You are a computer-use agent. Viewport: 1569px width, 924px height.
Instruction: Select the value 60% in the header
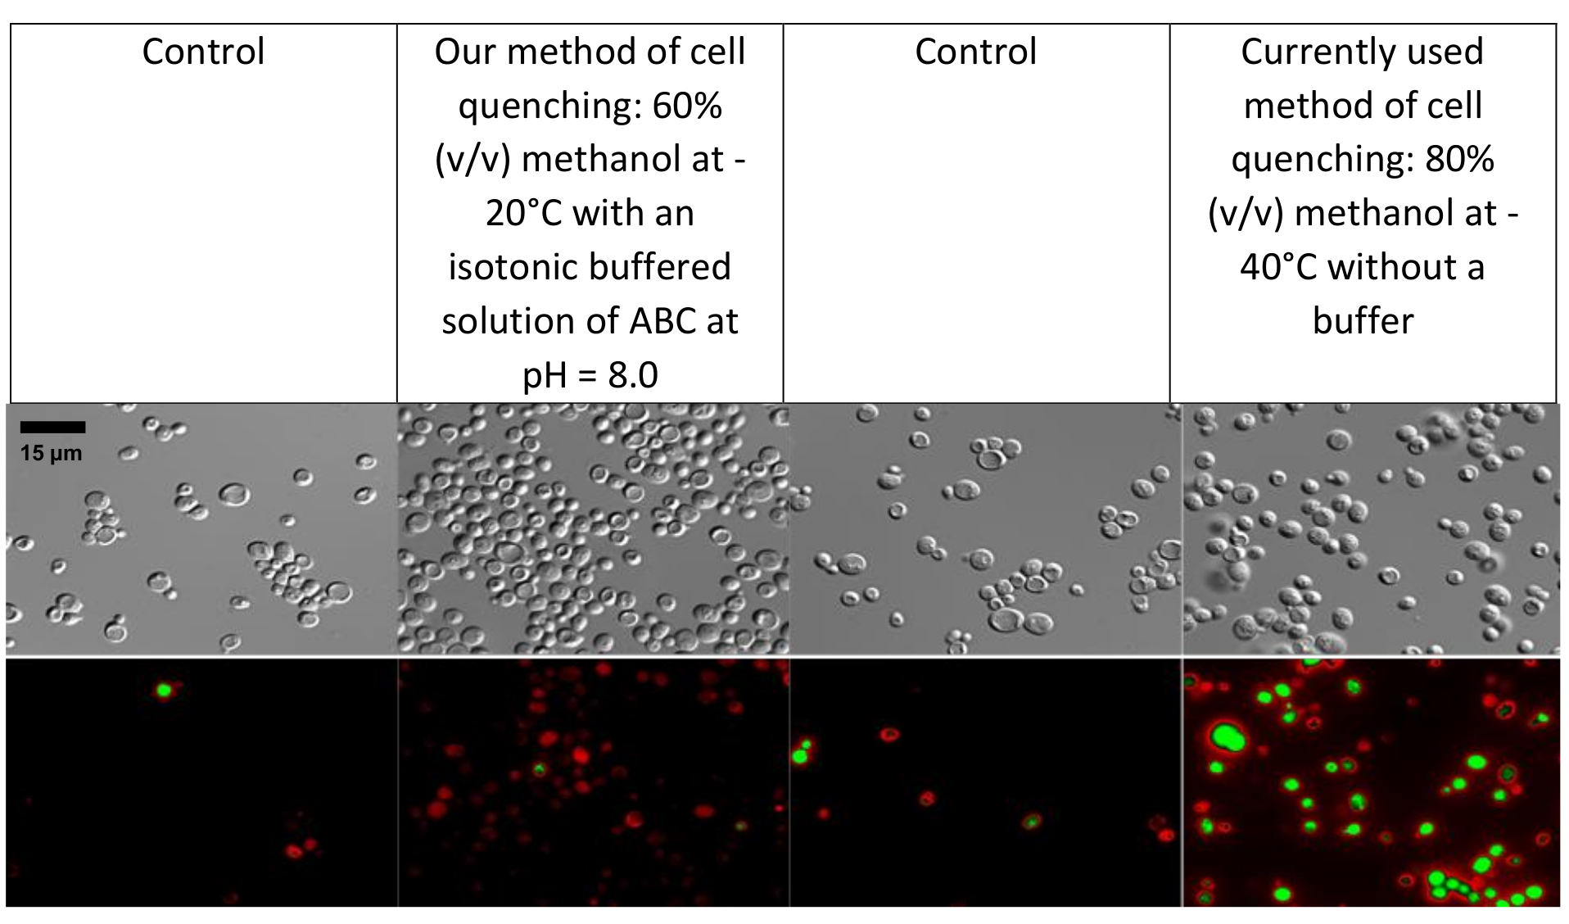pos(687,106)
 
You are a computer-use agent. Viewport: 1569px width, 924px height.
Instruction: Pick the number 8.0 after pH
pos(633,375)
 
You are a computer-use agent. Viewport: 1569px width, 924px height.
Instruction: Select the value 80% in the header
pos(1460,159)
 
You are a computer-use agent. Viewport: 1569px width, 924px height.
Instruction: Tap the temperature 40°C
pos(1278,267)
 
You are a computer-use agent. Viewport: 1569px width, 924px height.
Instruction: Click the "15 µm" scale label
pos(51,453)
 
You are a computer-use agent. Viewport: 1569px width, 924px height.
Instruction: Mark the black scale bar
pos(52,427)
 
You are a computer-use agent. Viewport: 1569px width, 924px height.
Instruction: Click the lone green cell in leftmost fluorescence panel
pos(164,690)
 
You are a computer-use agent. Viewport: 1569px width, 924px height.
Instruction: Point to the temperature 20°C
pos(523,213)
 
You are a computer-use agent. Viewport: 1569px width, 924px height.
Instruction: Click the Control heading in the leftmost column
pos(203,52)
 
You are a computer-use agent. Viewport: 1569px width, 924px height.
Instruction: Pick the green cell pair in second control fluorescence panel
pos(803,752)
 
